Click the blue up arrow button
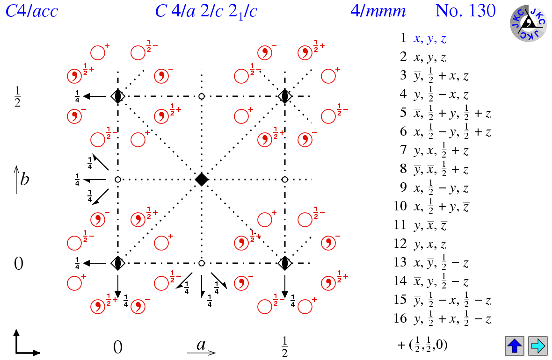click(514, 346)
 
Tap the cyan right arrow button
click(537, 346)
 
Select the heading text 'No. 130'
click(465, 11)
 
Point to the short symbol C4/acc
click(32, 11)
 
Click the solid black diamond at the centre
click(202, 180)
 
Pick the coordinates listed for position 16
click(452, 319)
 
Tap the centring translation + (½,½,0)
click(422, 346)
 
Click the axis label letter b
click(24, 179)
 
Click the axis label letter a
click(201, 345)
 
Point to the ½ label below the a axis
click(284, 346)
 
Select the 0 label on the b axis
click(19, 264)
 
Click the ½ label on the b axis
click(17, 96)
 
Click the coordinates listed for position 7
click(441, 151)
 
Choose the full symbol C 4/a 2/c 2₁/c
click(206, 11)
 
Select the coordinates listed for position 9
click(441, 188)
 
